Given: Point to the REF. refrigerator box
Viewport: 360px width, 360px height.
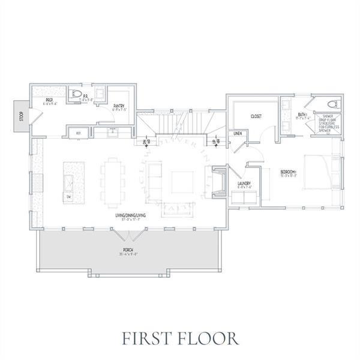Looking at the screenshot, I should [x=77, y=133].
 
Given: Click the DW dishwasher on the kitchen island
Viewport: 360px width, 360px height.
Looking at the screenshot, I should [x=68, y=196].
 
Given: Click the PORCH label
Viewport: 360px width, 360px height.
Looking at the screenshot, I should [x=128, y=249].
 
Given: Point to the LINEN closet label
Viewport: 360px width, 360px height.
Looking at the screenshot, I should [x=238, y=133].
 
